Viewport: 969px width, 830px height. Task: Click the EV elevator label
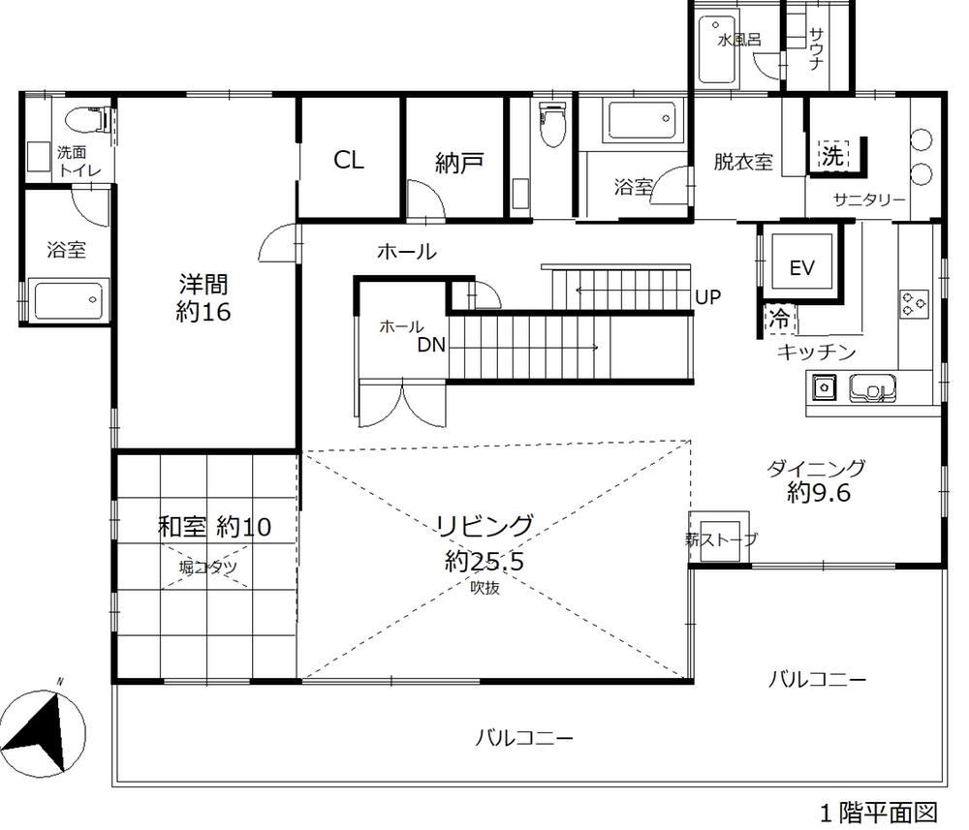pos(801,268)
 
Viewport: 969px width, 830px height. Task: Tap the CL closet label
pos(349,160)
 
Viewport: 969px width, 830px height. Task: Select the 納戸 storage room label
pos(458,163)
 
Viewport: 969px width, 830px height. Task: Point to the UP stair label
pos(707,297)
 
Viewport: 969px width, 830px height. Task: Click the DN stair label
pos(431,345)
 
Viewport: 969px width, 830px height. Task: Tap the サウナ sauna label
pos(816,48)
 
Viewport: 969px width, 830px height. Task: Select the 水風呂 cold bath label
pos(739,40)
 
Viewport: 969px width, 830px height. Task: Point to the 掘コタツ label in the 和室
pos(207,567)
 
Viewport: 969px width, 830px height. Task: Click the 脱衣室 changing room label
pos(743,162)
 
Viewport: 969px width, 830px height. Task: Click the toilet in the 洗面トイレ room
pos(87,119)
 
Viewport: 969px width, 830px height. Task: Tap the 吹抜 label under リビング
pos(485,588)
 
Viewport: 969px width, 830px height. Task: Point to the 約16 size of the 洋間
pos(203,312)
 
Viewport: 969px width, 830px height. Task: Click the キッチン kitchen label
pos(816,352)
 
